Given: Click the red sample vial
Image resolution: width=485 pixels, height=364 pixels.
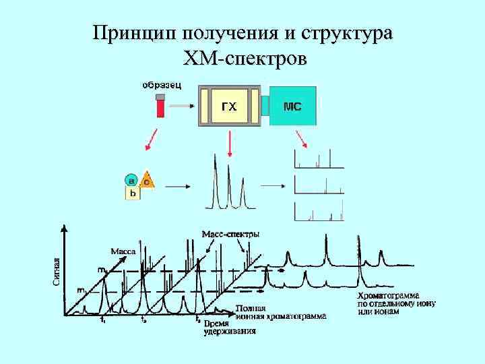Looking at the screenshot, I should point(160,107).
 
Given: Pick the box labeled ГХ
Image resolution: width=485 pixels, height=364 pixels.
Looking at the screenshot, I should point(230,106).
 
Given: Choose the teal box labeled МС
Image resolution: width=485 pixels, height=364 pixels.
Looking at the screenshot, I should point(292,106).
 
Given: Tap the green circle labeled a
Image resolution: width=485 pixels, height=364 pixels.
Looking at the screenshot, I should point(131,180).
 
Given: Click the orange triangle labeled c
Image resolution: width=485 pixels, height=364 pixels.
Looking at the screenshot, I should point(147,180).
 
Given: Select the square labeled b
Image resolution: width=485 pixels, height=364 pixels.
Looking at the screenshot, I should point(133,193).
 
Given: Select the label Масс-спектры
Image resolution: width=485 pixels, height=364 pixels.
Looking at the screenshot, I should point(230,233).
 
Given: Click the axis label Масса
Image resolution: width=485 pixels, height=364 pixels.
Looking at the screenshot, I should point(123,251).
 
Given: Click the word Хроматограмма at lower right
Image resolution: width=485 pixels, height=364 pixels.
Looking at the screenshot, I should point(388,295).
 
